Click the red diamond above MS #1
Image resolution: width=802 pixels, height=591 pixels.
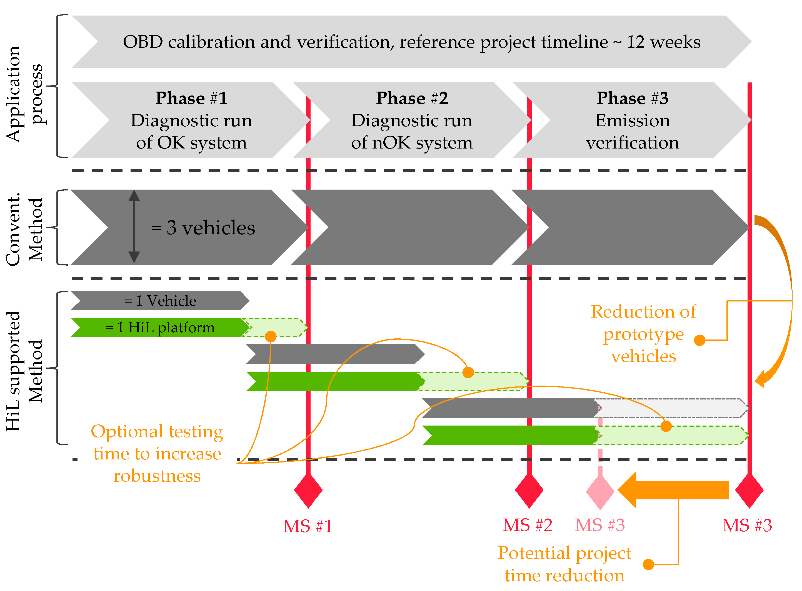point(308,491)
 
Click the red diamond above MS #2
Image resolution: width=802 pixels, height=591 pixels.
point(529,491)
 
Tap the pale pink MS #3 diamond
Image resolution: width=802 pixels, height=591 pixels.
point(600,492)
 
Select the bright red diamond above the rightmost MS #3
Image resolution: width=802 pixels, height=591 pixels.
point(749,491)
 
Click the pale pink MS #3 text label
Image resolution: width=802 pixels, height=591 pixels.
point(600,525)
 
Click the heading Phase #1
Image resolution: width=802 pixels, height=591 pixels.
point(192,98)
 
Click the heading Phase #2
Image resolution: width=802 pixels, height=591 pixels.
point(412,98)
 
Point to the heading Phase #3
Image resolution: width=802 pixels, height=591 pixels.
point(632,98)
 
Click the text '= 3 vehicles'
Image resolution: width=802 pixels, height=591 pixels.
point(203,228)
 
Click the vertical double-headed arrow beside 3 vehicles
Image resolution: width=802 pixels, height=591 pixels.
point(134,227)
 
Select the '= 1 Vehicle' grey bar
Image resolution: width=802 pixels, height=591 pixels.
point(160,301)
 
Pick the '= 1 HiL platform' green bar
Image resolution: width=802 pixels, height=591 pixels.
point(160,327)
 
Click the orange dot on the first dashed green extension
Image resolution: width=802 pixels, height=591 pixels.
point(271,336)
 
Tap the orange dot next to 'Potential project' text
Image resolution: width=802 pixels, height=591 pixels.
point(648,565)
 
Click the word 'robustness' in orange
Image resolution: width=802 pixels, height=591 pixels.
point(157,476)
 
